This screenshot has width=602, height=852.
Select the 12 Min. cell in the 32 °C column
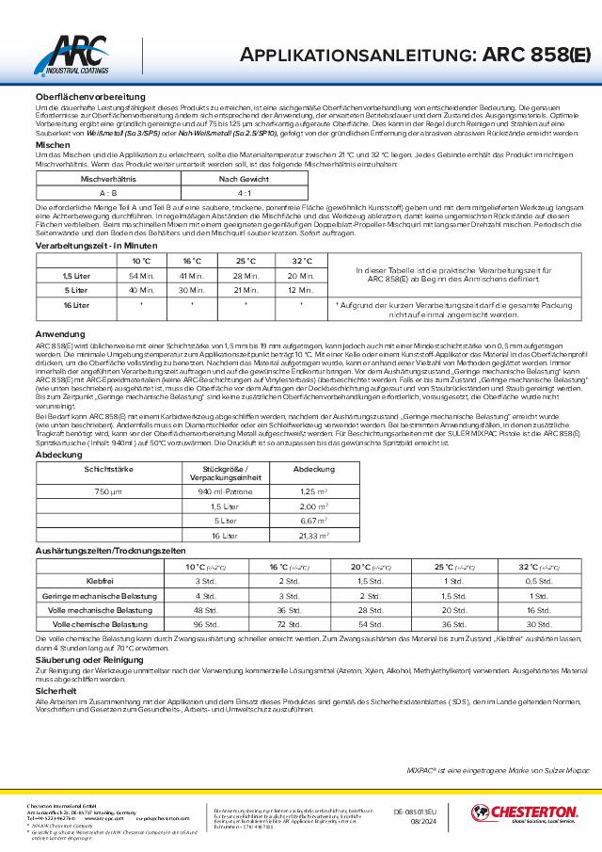300,290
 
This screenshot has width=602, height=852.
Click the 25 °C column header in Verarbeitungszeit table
246,260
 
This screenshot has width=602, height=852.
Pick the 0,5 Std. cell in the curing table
537,581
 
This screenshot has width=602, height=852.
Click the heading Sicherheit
55,690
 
